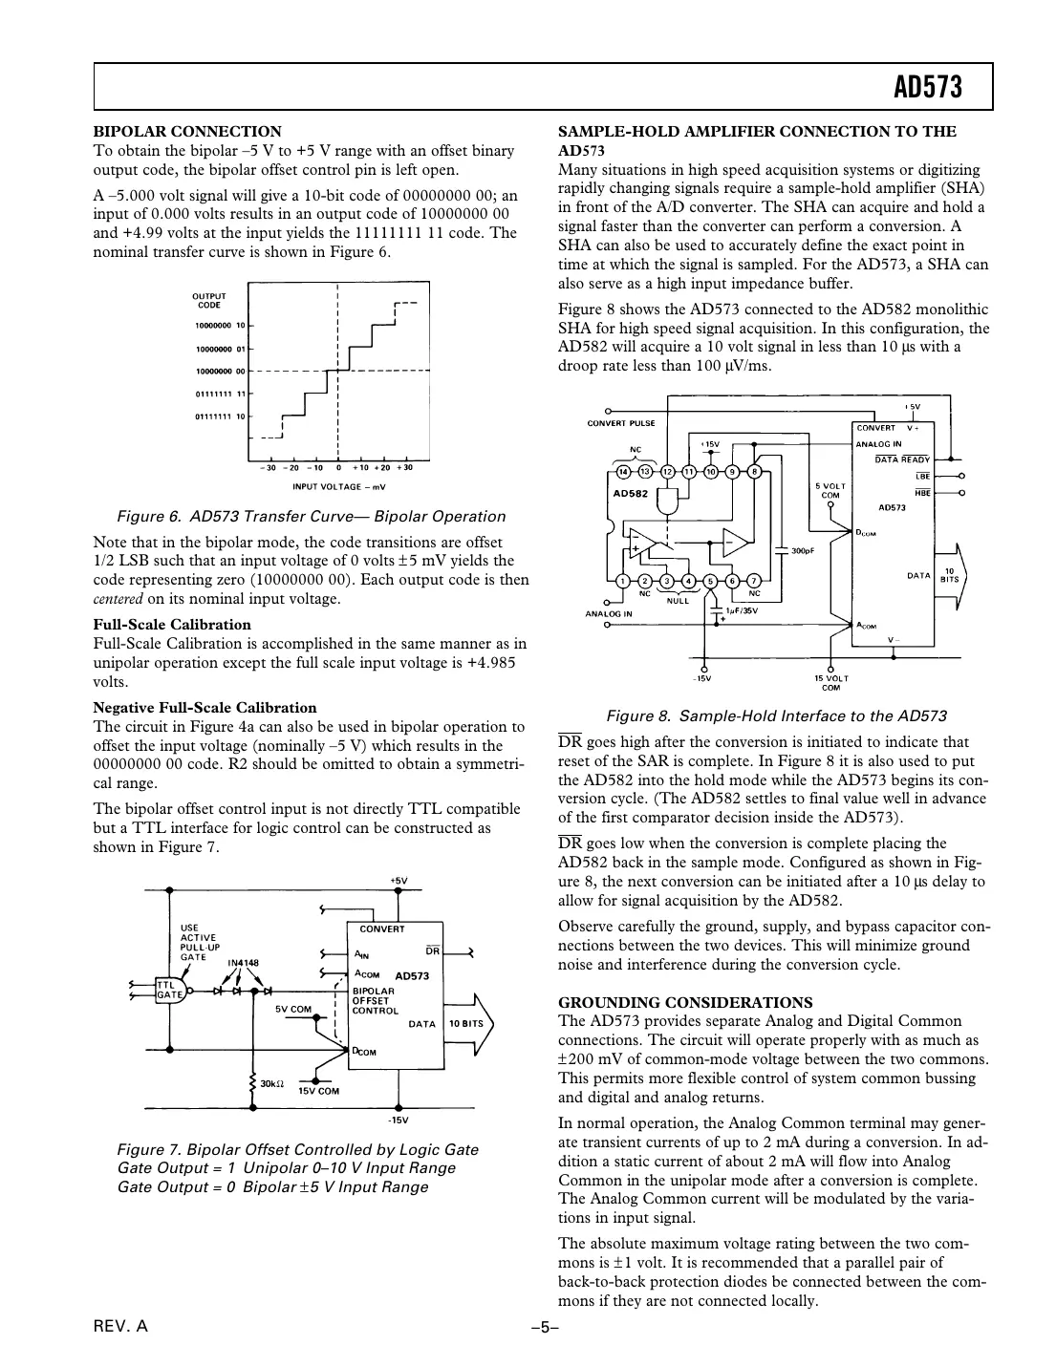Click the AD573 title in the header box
pyautogui.click(x=926, y=89)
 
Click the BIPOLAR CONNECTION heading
pyautogui.click(x=187, y=132)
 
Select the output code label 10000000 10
pyautogui.click(x=220, y=326)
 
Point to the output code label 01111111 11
pyautogui.click(x=220, y=394)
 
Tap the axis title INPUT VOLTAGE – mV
pyautogui.click(x=337, y=486)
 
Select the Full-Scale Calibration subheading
pyautogui.click(x=172, y=625)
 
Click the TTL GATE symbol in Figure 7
pyautogui.click(x=168, y=990)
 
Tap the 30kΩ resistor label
pyautogui.click(x=272, y=1084)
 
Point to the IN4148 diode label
pyautogui.click(x=243, y=963)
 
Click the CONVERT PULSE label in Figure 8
pyautogui.click(x=620, y=423)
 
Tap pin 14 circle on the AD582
pyautogui.click(x=623, y=471)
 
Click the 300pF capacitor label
pyautogui.click(x=804, y=550)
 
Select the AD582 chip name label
pyautogui.click(x=630, y=494)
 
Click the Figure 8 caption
pyautogui.click(x=777, y=716)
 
